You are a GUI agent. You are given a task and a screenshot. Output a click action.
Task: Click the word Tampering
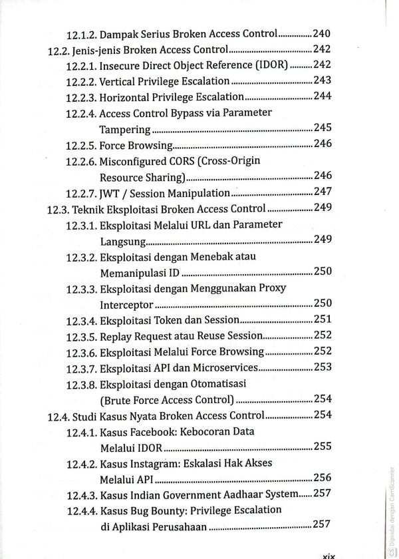click(124, 129)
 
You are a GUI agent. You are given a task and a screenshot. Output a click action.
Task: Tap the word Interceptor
click(126, 305)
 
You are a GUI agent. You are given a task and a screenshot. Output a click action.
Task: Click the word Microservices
click(225, 367)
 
